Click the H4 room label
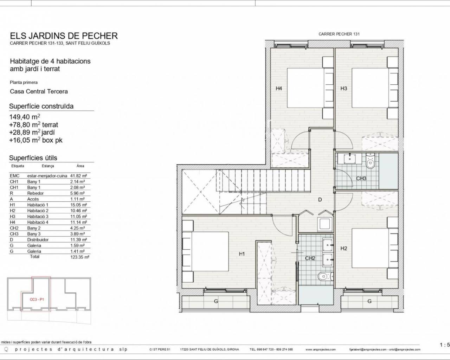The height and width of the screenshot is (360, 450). pos(279,88)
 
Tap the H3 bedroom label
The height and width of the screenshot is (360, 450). pos(344,88)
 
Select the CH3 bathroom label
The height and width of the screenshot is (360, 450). pos(361,179)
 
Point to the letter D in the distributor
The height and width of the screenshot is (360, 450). pos(320,200)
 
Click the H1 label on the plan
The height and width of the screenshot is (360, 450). pos(242,254)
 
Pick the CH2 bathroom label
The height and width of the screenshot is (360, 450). pos(310,258)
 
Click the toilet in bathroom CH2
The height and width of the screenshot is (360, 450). pos(325,277)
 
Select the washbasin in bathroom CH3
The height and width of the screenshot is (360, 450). pos(350,158)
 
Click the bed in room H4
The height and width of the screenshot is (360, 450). pos(310,88)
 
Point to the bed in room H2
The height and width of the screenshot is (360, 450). pos(375,248)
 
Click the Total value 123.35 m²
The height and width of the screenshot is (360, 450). pos(80,257)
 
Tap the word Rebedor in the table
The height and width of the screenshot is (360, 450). pos(36,193)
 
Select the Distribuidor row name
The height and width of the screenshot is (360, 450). pos(38,240)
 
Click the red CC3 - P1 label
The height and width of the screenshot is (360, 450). pos(37,300)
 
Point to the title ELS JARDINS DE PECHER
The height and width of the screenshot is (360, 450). pos(64,36)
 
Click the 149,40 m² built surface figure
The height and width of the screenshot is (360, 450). pos(25,116)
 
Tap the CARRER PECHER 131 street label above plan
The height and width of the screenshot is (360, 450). pos(339,34)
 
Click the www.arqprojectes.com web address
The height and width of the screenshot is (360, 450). pos(320,349)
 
